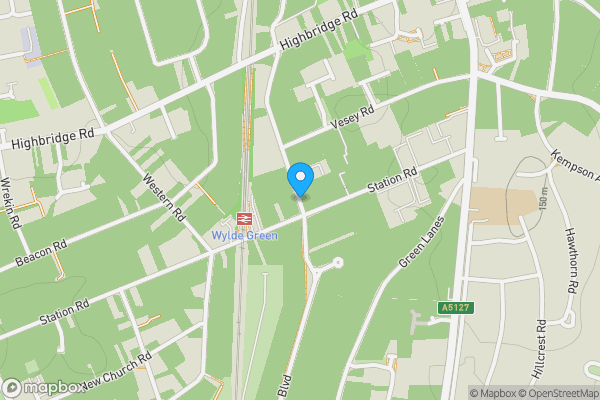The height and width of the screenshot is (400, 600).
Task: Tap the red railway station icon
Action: click(243, 221)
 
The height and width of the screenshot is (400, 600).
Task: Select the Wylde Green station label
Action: click(244, 236)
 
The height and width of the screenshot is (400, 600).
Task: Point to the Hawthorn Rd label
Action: click(572, 271)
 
